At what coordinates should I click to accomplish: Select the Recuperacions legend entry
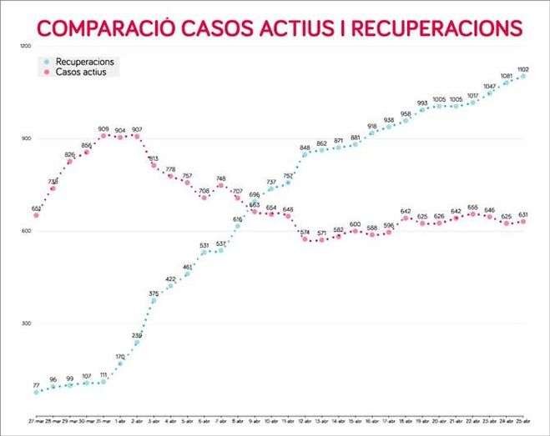pos(84,62)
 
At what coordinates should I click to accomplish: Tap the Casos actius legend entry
pos(81,73)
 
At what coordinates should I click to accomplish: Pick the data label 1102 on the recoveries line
pos(522,69)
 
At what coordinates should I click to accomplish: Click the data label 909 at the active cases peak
pos(103,128)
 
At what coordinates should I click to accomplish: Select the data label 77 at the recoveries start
pos(36,385)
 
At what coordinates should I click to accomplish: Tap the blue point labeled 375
pos(154,299)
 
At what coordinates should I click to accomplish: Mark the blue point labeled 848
pos(305,154)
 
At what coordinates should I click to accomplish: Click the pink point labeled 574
pos(305,239)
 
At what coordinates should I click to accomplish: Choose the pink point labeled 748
pos(220,186)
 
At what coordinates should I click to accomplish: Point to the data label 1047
pos(489,87)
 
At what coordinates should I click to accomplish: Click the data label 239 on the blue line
pos(137,335)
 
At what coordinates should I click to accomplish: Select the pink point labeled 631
pos(523,222)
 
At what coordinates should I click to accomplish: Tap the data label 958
pos(406,114)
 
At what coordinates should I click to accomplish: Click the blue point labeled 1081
pos(507,83)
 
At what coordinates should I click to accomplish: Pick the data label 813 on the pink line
pos(154,158)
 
